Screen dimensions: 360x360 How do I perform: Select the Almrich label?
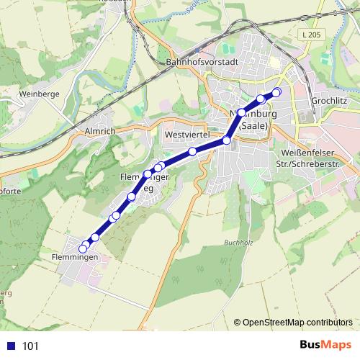click(x=101, y=132)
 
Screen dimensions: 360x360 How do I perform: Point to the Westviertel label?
click(x=186, y=135)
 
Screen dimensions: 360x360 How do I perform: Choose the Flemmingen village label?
click(x=75, y=256)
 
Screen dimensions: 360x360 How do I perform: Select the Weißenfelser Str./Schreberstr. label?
click(x=318, y=159)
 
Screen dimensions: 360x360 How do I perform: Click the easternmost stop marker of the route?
click(x=276, y=91)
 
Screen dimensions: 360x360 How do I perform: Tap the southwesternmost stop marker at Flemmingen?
click(x=83, y=248)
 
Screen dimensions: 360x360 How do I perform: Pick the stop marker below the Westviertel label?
click(x=193, y=151)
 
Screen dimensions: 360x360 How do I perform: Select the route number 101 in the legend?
click(x=31, y=346)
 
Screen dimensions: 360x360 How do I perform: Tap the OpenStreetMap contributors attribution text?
click(x=297, y=322)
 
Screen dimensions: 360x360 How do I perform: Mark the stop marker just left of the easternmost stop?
click(x=261, y=98)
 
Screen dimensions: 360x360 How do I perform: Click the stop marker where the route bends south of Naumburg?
click(x=226, y=140)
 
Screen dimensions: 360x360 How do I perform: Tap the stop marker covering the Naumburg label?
click(x=242, y=113)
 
